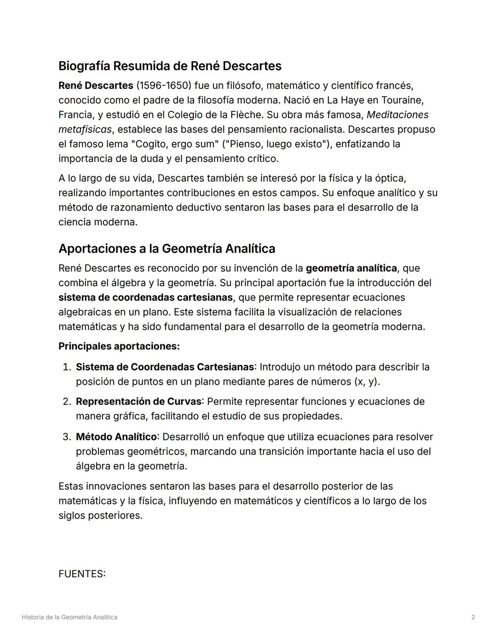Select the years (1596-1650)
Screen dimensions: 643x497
tap(163, 86)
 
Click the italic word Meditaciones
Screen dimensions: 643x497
tap(397, 115)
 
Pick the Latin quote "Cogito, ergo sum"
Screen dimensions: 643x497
tap(174, 144)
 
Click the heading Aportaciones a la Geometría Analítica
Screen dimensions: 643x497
tap(167, 249)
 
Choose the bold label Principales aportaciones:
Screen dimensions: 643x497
tap(119, 346)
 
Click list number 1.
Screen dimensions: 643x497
tap(66, 367)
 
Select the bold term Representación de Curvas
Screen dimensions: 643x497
tap(139, 402)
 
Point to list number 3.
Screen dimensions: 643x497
tap(66, 437)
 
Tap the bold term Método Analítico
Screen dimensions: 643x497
tap(116, 437)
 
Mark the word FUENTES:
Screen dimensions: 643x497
tap(82, 574)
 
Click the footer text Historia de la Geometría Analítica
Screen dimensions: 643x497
tap(69, 617)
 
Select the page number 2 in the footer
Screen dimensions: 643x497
tap(473, 617)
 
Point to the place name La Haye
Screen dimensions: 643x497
tap(344, 100)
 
